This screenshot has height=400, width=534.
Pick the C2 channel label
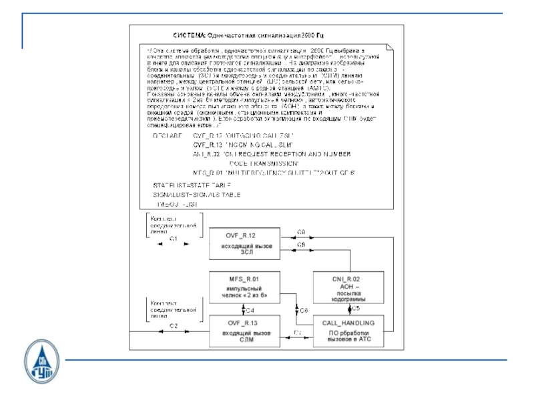tap(172, 325)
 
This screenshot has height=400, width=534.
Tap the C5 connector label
tap(356, 309)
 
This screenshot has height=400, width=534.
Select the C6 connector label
tap(303, 311)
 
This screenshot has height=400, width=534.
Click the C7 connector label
tap(297, 331)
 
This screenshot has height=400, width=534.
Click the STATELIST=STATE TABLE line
tap(192, 184)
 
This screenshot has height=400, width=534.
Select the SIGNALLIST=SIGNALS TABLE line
tap(196, 194)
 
